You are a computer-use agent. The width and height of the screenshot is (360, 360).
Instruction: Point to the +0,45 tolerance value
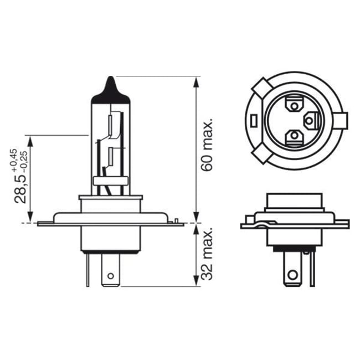coord(12,157)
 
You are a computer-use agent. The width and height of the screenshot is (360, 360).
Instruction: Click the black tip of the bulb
coord(111,89)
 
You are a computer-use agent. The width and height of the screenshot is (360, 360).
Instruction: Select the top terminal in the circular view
coord(294,104)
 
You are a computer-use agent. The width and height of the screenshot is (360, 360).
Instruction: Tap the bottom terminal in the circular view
coord(294,136)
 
